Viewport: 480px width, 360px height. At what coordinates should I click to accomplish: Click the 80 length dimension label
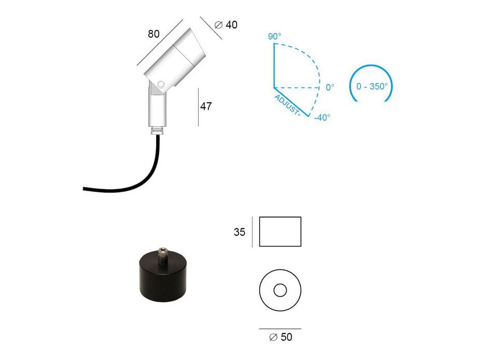153,34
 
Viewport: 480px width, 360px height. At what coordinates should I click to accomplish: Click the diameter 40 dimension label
226,25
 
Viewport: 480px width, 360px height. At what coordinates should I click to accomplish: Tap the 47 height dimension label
206,106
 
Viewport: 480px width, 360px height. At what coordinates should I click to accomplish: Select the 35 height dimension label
239,232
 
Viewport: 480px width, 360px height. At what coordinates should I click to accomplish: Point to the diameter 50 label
281,337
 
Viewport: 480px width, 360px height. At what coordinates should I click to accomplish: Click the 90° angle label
274,36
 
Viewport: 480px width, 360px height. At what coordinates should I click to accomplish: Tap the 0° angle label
330,88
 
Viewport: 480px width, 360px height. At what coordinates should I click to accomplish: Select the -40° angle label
322,118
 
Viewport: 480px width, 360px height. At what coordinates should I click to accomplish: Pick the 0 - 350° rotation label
372,87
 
